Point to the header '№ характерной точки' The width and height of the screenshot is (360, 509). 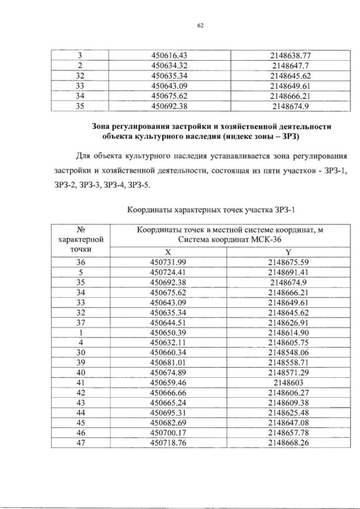pos(79,238)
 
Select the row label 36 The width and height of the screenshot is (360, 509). pos(79,262)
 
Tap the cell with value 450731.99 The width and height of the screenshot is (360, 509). pos(168,262)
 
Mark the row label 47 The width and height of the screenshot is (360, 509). pos(79,443)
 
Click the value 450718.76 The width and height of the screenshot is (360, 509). pos(168,443)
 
